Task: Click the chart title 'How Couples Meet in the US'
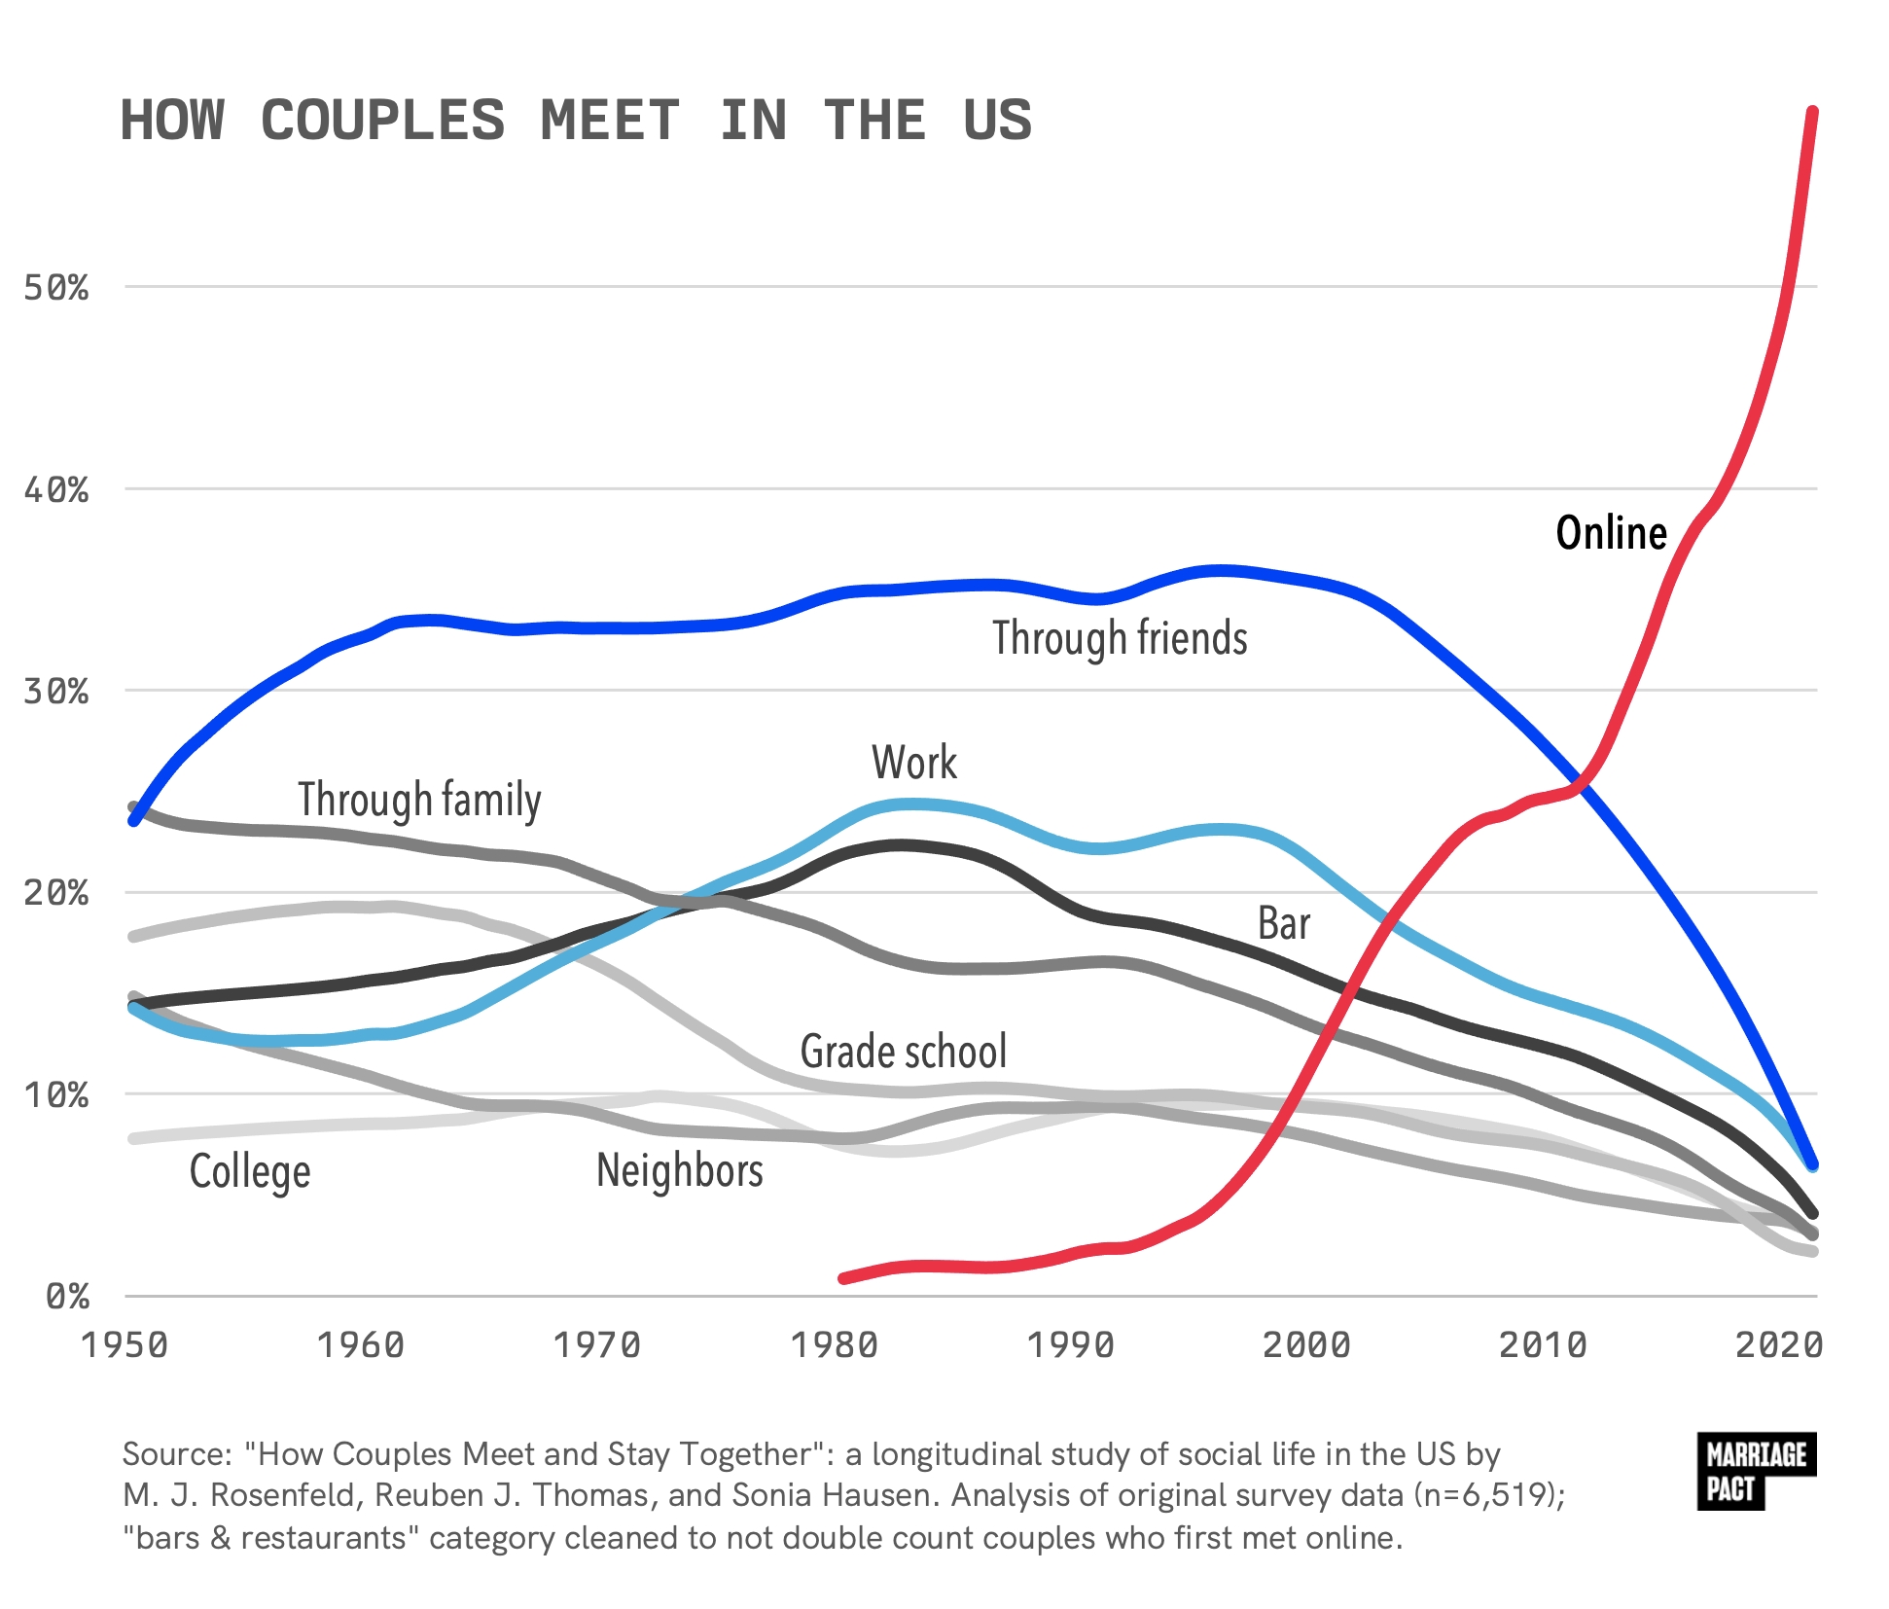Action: [x=575, y=121]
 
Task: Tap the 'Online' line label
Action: [x=1611, y=533]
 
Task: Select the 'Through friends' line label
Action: [x=1120, y=639]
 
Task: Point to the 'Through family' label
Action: [x=419, y=801]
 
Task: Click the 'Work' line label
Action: [x=914, y=762]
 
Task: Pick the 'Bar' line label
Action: [x=1284, y=923]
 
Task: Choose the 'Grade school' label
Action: [x=904, y=1052]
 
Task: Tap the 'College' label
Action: [x=250, y=1172]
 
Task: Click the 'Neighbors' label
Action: [x=680, y=1170]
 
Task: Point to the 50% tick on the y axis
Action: [x=56, y=288]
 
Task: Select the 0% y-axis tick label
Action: [x=67, y=1297]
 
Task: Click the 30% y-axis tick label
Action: [x=56, y=692]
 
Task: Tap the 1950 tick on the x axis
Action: [x=125, y=1345]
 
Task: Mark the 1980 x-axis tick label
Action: [x=835, y=1345]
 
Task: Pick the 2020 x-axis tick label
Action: [x=1780, y=1345]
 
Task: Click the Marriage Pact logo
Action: [x=1757, y=1472]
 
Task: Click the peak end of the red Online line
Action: [x=1812, y=112]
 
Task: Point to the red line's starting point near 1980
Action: [x=843, y=1278]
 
